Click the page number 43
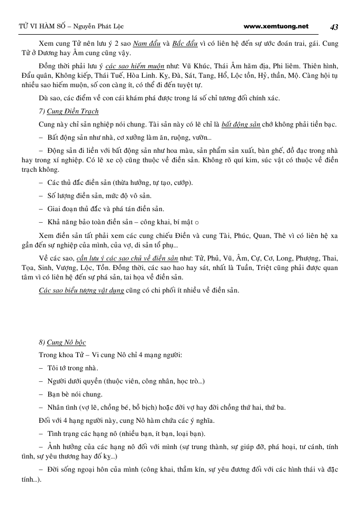(x=334, y=27)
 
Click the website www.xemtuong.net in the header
(x=277, y=26)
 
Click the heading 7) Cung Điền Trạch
(x=69, y=111)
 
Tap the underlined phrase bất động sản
(x=241, y=124)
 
